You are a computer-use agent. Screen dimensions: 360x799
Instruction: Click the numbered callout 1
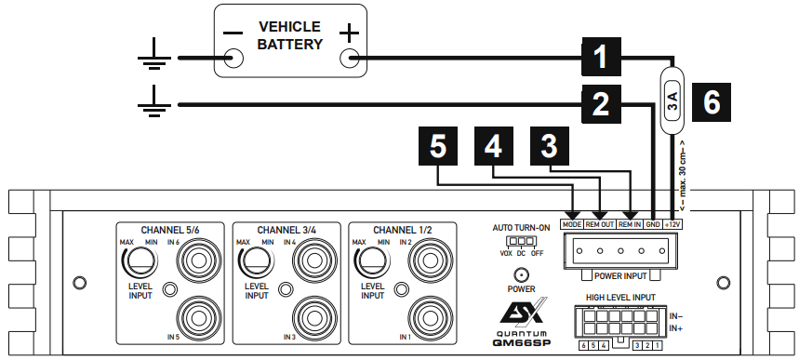pos(605,57)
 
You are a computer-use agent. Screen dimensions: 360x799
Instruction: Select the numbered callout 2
pos(605,105)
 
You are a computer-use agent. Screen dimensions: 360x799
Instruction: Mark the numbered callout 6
pos(711,103)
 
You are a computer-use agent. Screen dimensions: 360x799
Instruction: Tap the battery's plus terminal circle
pos(350,59)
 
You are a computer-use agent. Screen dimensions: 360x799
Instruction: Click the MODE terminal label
pos(571,224)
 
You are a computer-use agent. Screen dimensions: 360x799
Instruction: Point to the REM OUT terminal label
pos(599,224)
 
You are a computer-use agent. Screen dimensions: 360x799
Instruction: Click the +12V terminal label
pos(673,224)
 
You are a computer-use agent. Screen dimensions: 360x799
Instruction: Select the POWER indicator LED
pos(521,276)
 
